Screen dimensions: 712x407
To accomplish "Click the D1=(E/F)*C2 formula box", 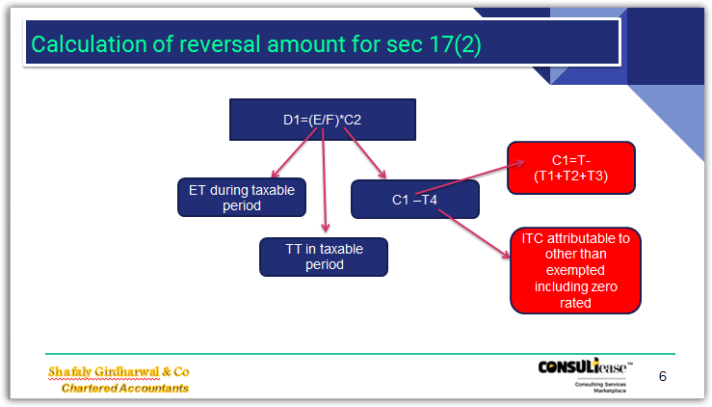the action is tap(323, 120).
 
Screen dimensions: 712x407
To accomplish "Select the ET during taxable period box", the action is tap(242, 198).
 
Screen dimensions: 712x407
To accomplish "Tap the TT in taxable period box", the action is tap(324, 257).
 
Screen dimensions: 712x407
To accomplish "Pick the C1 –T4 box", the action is tap(415, 200).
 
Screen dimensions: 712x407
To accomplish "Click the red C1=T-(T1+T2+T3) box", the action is tap(571, 168).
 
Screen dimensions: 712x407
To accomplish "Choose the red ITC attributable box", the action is tap(575, 271).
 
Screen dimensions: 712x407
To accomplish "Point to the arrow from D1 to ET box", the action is tap(294, 152).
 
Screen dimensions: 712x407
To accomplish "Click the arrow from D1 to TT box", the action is tap(324, 180).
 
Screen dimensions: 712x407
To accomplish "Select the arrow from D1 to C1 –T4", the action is tap(364, 153).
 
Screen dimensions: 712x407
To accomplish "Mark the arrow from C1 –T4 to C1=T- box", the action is tap(470, 177).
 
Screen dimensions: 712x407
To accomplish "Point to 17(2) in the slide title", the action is tap(455, 44).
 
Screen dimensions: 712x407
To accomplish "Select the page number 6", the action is tap(663, 376).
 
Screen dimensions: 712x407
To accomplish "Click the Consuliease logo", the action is tap(585, 366).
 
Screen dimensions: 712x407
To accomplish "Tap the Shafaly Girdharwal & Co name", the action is tap(119, 372).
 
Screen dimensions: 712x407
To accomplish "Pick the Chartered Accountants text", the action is tap(125, 388).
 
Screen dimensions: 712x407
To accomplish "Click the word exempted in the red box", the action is tap(575, 270).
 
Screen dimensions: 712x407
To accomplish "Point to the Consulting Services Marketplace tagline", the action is tap(600, 388).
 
